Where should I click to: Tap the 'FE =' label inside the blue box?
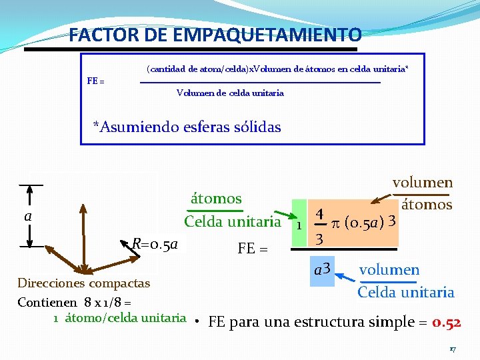[96, 81]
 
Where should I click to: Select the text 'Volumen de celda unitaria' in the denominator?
[230, 93]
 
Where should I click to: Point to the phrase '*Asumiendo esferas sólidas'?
[187, 127]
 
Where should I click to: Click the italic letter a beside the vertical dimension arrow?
[28, 216]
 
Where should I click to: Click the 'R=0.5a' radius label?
[155, 244]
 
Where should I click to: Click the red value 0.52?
[447, 323]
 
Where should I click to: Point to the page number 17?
[452, 349]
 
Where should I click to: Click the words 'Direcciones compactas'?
[83, 283]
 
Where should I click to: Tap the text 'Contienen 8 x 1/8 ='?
[73, 302]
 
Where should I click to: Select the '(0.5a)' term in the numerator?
[365, 221]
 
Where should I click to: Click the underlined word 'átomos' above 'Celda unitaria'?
[216, 198]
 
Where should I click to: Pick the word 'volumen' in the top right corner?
[423, 183]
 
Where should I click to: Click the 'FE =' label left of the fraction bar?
[253, 249]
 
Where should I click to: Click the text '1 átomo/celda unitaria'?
[120, 317]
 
